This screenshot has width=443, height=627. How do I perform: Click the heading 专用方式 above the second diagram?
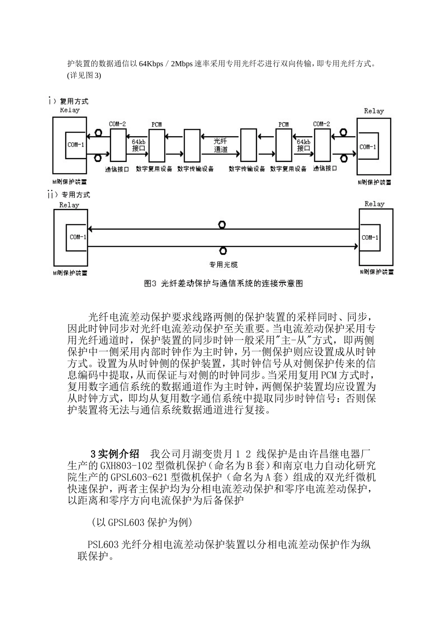point(76,195)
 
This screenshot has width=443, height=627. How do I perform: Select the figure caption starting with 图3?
point(223,284)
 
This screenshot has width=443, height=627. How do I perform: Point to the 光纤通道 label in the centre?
point(221,145)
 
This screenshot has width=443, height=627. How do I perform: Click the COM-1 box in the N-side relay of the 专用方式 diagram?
point(370,237)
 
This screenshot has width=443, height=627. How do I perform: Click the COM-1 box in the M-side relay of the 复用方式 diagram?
point(76,145)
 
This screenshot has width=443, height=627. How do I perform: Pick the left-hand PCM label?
point(157,125)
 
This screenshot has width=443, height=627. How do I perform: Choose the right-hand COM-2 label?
point(321,124)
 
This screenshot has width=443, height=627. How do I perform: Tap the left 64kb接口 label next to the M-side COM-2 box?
point(138,145)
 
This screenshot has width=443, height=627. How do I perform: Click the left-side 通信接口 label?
point(117,169)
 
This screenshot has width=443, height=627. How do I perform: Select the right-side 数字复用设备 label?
point(288,169)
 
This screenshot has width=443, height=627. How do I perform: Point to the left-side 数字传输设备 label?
point(195,169)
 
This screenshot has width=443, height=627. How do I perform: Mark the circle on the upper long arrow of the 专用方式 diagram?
point(222,225)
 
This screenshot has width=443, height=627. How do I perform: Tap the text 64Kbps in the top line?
point(151,64)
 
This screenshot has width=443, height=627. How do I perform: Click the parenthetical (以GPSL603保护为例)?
point(142,522)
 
